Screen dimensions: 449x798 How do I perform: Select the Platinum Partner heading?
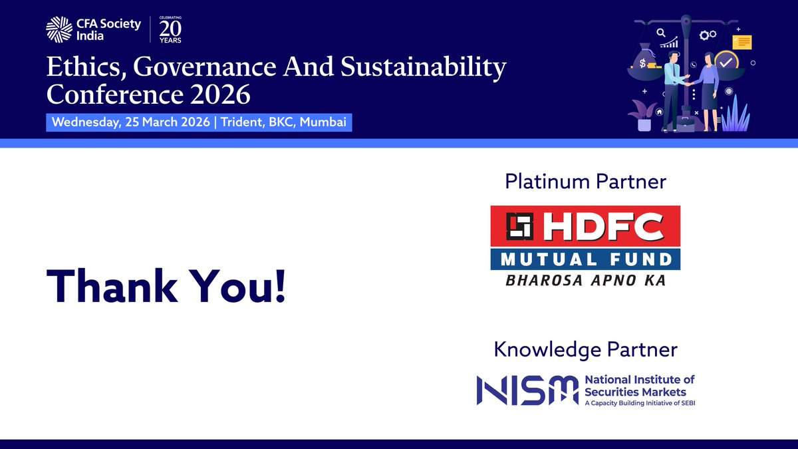coord(585,180)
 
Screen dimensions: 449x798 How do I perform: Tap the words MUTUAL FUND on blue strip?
coord(585,259)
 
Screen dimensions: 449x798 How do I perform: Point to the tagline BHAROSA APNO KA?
coord(585,280)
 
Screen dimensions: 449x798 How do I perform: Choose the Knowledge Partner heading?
coord(585,349)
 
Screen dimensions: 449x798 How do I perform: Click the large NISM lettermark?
coord(526,390)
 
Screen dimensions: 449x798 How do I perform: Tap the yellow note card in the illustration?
coord(741,42)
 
